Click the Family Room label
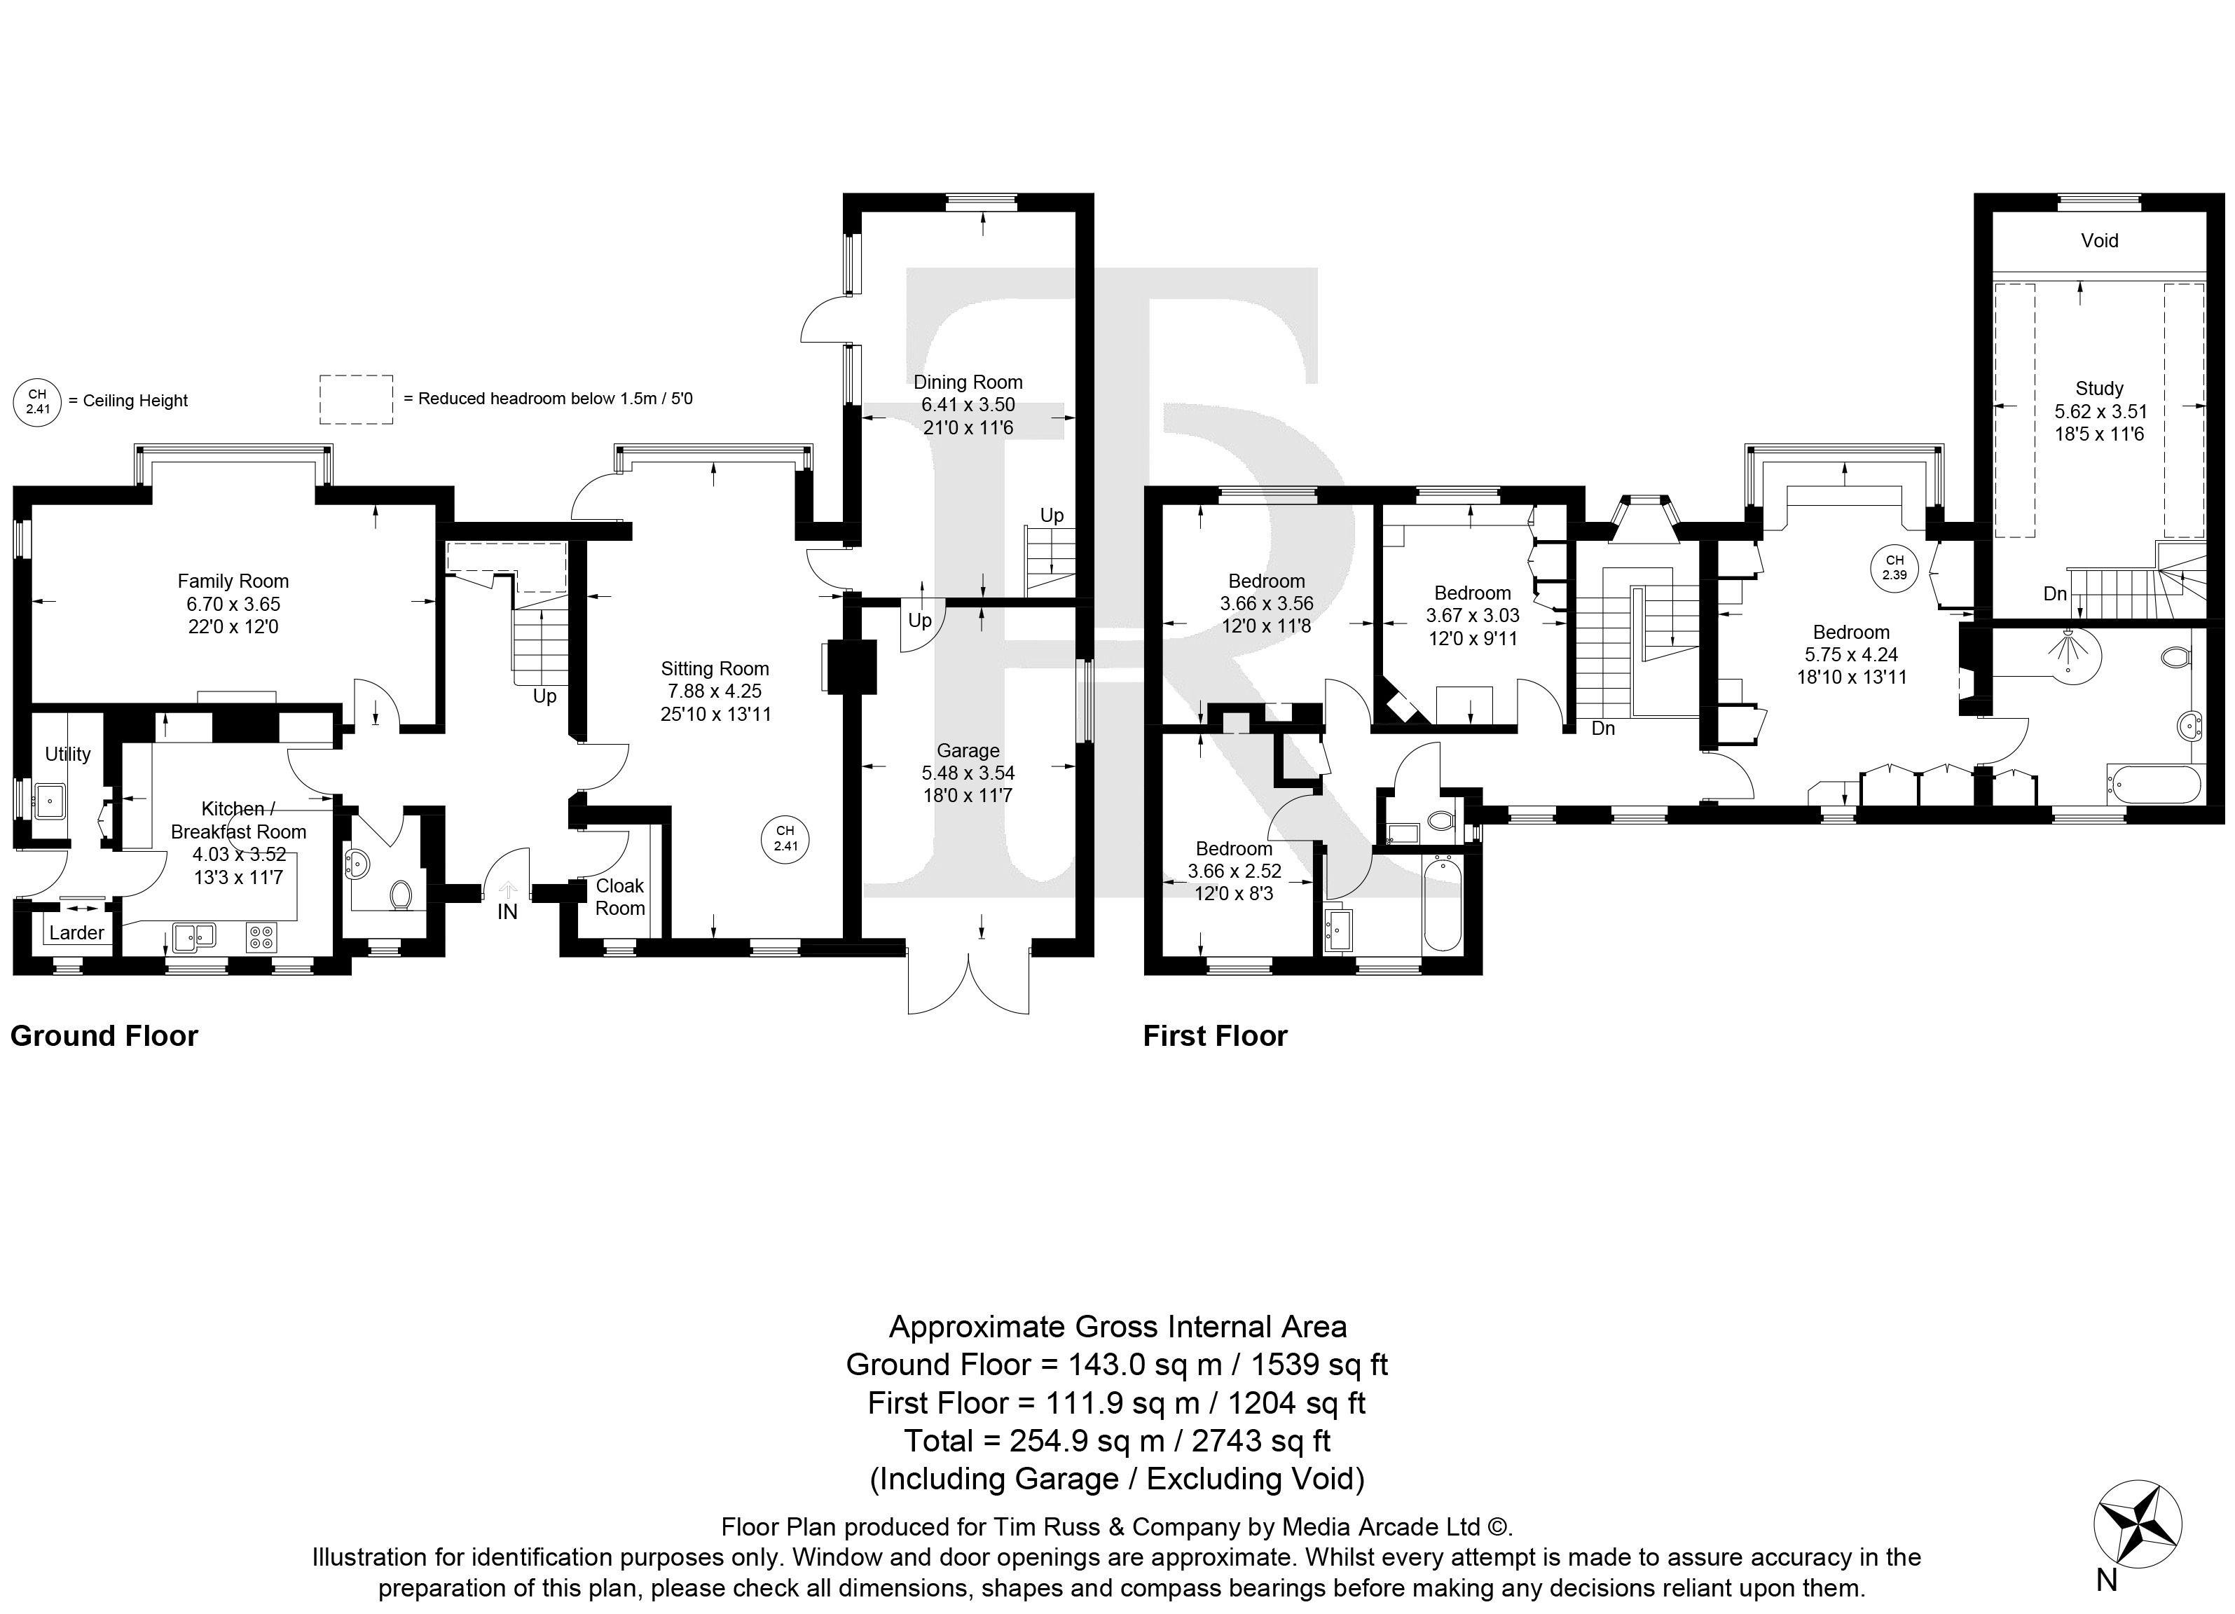(x=233, y=581)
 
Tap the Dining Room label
(x=968, y=382)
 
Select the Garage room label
(x=968, y=751)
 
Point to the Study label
(x=2099, y=388)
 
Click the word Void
(x=2099, y=240)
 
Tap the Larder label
(x=77, y=932)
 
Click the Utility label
(x=68, y=754)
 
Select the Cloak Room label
(x=620, y=897)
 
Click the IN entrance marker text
(x=507, y=913)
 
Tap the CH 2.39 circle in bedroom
(x=1894, y=567)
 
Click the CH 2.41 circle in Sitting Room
(x=785, y=839)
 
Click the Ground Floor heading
(x=104, y=1035)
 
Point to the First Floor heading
(x=1215, y=1035)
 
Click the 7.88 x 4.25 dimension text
(x=715, y=691)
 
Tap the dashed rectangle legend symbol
(x=356, y=399)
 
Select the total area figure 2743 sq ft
(x=1261, y=1440)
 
